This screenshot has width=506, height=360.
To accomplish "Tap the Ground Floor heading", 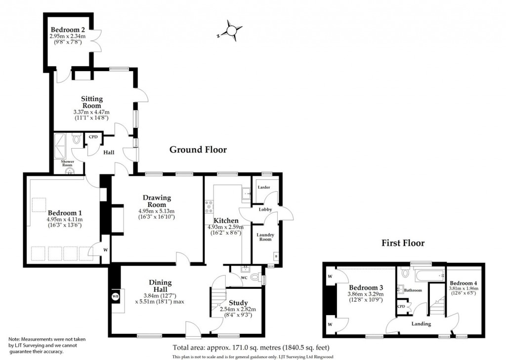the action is click(x=198, y=150).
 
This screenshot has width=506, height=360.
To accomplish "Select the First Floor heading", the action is click(x=403, y=243).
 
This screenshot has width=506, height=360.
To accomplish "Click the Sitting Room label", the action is click(x=92, y=102).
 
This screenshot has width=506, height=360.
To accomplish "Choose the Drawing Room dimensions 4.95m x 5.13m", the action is click(x=157, y=211).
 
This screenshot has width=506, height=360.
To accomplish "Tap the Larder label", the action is click(x=264, y=187).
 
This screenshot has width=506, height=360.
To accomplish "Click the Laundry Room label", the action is click(x=265, y=237).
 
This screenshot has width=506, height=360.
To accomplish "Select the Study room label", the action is click(x=238, y=303).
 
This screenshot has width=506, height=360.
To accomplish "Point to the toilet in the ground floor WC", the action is click(x=256, y=277).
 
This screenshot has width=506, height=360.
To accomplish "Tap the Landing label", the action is click(x=421, y=323).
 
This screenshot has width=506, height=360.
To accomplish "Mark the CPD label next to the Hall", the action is click(x=93, y=137).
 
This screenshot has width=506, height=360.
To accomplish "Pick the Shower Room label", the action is click(x=67, y=163).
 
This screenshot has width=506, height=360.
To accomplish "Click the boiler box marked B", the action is click(x=276, y=256).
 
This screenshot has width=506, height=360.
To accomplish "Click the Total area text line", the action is click(x=251, y=348).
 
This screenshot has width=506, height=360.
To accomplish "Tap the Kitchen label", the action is click(x=226, y=221).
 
